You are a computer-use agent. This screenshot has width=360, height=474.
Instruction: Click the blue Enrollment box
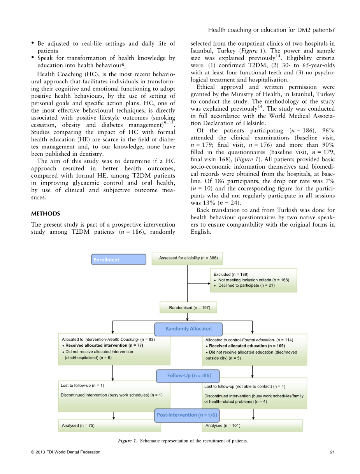tap(119, 259)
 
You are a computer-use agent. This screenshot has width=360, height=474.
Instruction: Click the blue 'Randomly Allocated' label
tap(188, 329)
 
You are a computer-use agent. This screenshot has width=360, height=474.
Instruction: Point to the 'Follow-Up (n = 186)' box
tap(189, 376)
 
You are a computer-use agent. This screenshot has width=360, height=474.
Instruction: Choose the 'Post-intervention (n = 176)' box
tap(187, 415)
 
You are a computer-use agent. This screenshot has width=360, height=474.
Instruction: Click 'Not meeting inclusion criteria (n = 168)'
tap(253, 280)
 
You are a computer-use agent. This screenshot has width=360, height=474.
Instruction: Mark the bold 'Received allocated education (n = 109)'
tap(247, 346)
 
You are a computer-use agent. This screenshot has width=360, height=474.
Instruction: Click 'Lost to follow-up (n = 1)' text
tap(83, 386)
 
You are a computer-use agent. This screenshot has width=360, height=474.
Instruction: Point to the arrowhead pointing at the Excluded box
tap(208, 283)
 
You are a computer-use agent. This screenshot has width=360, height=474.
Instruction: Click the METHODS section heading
tap(46, 214)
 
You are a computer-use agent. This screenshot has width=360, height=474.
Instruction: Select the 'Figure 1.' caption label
tap(128, 441)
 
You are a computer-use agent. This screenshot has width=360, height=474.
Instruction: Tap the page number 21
tap(332, 452)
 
